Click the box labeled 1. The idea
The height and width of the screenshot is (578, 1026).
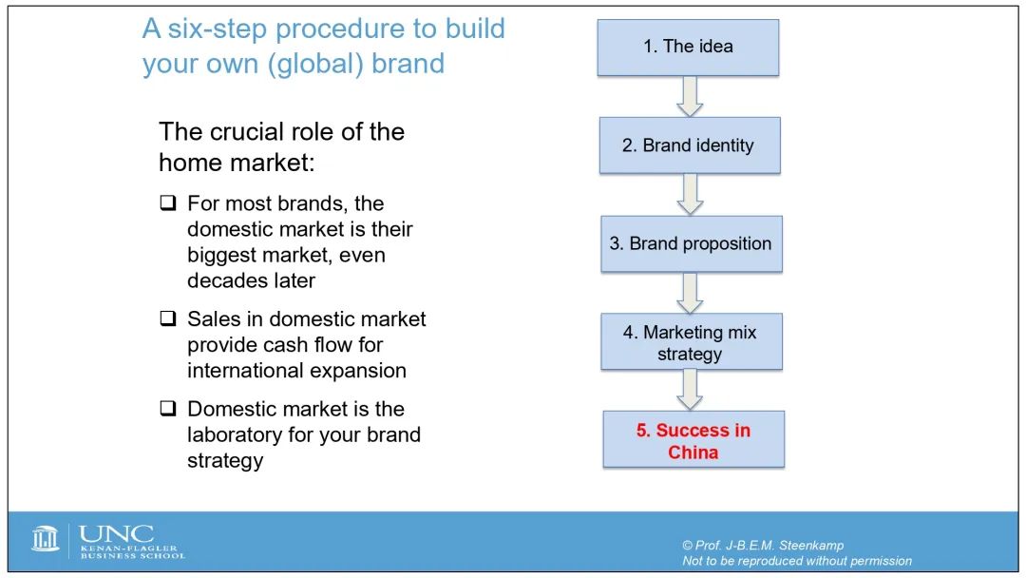click(x=688, y=48)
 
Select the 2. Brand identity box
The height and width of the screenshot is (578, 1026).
click(x=690, y=145)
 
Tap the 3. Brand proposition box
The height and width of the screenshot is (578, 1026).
click(x=692, y=243)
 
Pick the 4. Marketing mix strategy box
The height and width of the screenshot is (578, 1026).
click(x=692, y=341)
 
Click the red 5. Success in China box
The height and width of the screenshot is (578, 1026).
click(x=693, y=439)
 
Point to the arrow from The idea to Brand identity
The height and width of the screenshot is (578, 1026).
click(x=690, y=97)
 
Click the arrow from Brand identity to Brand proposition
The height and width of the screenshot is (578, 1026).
click(x=690, y=195)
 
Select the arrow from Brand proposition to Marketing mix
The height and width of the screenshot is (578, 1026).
click(x=690, y=293)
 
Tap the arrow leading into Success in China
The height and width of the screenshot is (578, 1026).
click(x=690, y=390)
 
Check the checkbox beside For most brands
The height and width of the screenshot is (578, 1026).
click(x=168, y=202)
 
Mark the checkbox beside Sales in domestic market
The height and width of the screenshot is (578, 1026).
click(x=168, y=318)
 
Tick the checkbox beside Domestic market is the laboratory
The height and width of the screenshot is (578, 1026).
click(x=168, y=409)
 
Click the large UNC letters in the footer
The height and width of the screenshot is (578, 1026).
click(x=117, y=534)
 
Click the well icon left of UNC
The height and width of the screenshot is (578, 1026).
click(x=46, y=539)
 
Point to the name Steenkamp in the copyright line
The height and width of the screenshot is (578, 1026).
click(x=810, y=546)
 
